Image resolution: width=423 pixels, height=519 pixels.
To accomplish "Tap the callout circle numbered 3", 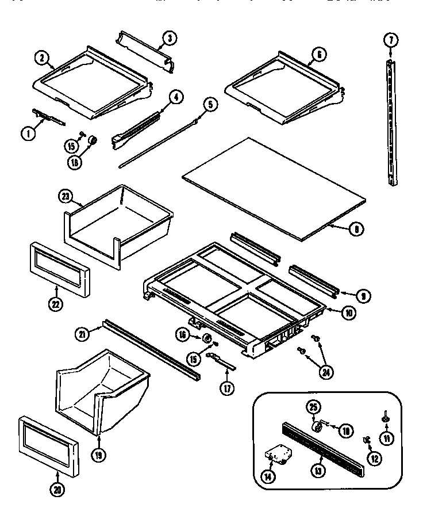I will coord(168,38).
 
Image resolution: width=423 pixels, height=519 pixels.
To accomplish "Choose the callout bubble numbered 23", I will coord(66,195).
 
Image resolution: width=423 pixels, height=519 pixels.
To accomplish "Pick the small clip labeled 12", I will coord(366,440).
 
